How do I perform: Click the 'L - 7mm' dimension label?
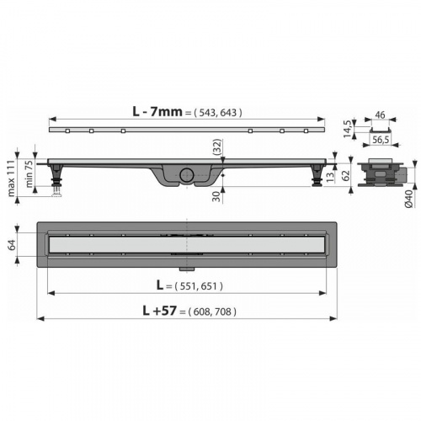click(x=157, y=112)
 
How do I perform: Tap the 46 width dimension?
click(x=380, y=115)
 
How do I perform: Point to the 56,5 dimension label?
click(x=381, y=140)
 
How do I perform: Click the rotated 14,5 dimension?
click(x=348, y=129)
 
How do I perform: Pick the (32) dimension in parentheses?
click(x=217, y=147)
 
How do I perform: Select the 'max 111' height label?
click(x=11, y=178)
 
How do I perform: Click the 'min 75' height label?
click(x=29, y=174)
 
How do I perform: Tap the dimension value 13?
click(x=331, y=177)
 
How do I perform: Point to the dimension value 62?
click(x=346, y=175)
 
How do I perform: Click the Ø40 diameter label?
click(x=408, y=199)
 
